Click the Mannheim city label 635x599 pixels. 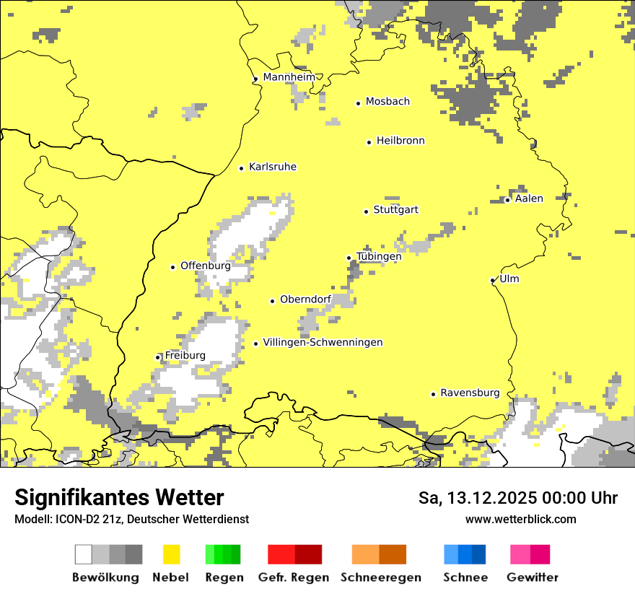(289, 77)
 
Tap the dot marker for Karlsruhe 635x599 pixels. (242, 168)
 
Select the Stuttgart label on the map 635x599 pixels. (395, 210)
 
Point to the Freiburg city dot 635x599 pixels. (158, 357)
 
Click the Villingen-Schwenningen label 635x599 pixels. (323, 342)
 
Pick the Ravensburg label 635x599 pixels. (470, 393)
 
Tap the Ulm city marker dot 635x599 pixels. (493, 280)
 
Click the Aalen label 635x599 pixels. (529, 198)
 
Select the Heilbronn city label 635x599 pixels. (400, 141)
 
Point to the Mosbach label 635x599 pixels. (387, 102)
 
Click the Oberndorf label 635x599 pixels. (305, 299)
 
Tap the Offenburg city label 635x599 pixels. (206, 266)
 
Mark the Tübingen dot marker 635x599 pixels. (349, 258)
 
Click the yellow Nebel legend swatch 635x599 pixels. (171, 554)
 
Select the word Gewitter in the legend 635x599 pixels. (533, 577)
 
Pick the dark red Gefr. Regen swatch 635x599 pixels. (308, 554)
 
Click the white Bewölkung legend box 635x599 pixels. (83, 554)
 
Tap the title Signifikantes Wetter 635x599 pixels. (119, 497)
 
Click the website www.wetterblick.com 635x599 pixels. (520, 519)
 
